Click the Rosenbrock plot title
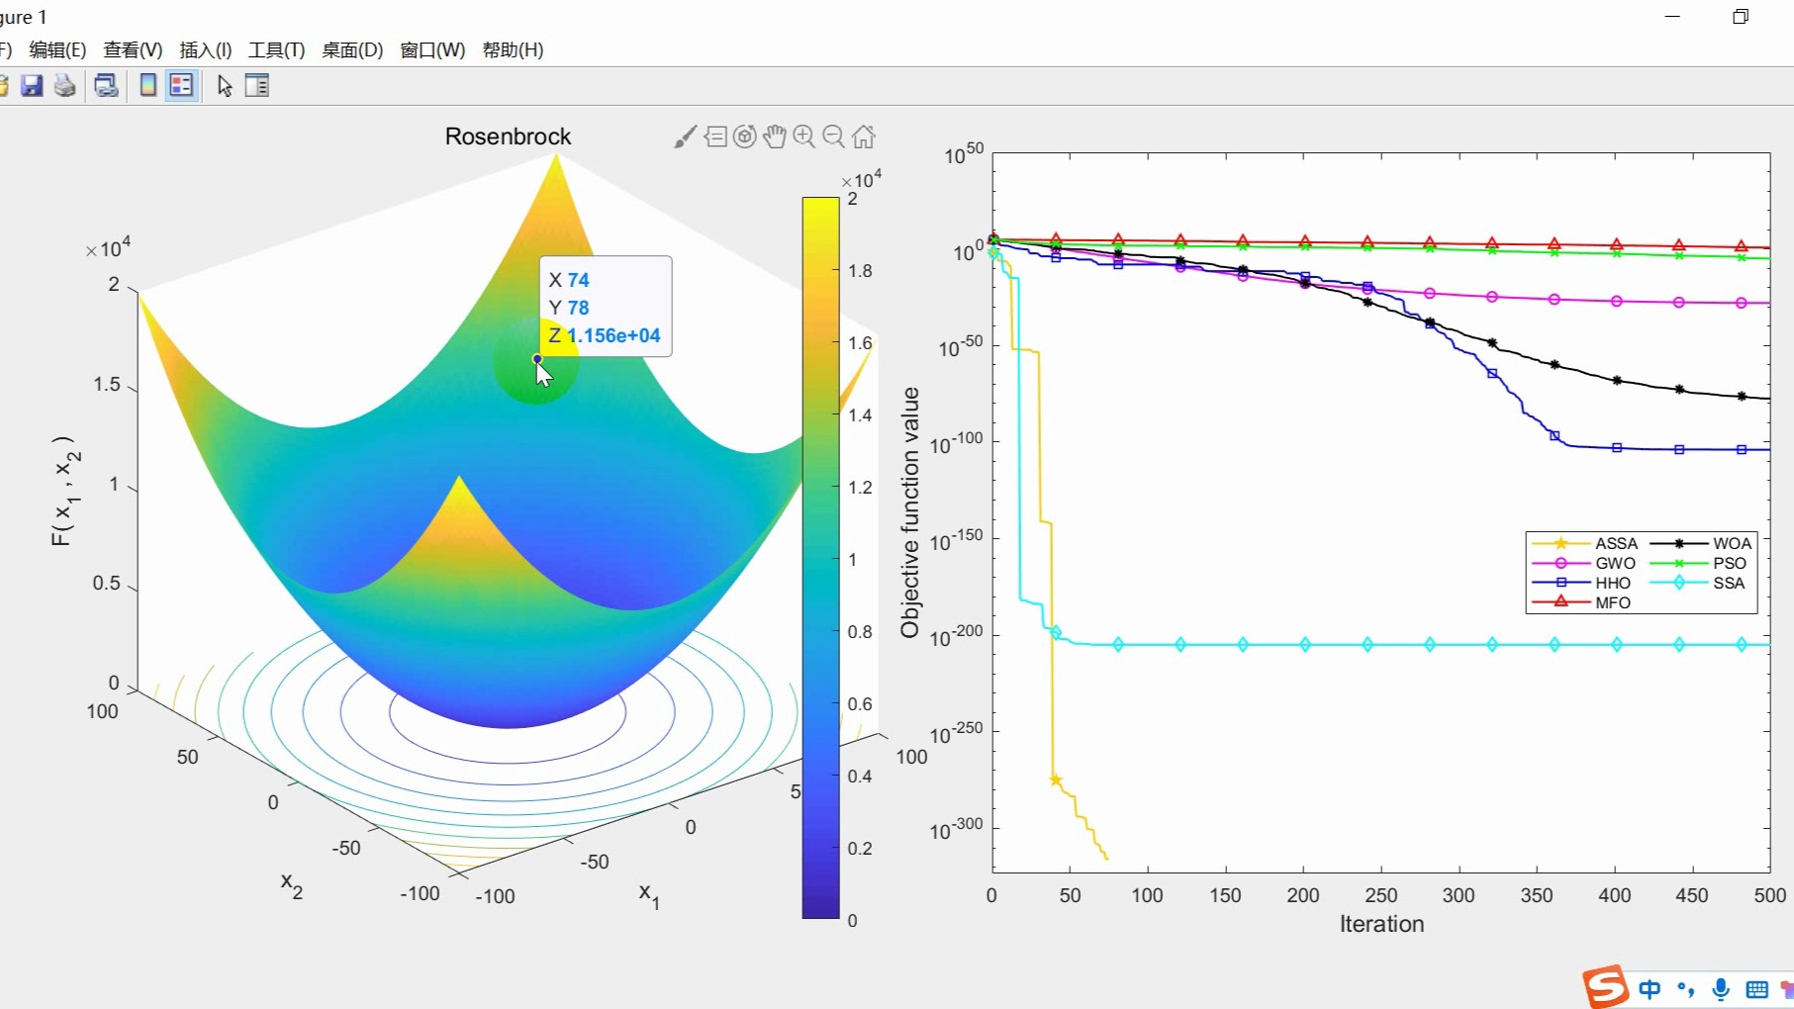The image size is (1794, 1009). (x=508, y=137)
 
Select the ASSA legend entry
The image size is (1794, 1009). (x=1616, y=543)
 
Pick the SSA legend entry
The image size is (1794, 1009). (x=1728, y=583)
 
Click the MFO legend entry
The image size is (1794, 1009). (x=1612, y=602)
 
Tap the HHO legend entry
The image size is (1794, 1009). (x=1612, y=583)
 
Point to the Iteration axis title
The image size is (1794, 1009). (x=1381, y=924)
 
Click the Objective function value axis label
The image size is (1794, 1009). (x=910, y=512)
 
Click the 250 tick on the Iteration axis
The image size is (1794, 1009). (x=1380, y=895)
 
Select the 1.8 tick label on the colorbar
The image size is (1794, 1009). (x=860, y=271)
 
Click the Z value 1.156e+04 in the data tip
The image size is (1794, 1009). (x=614, y=335)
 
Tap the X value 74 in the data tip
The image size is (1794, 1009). (x=579, y=280)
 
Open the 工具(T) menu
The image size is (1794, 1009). (x=276, y=50)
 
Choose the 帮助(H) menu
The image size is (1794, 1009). (x=513, y=50)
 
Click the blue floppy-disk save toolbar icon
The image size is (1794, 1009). (x=32, y=86)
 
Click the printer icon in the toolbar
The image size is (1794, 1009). (x=64, y=86)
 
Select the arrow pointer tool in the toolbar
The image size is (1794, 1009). (x=225, y=86)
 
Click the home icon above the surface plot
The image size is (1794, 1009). (x=864, y=137)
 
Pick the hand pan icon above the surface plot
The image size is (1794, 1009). (x=775, y=137)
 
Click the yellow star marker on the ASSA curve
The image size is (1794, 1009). (x=1056, y=780)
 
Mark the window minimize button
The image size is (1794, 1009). (x=1672, y=17)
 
